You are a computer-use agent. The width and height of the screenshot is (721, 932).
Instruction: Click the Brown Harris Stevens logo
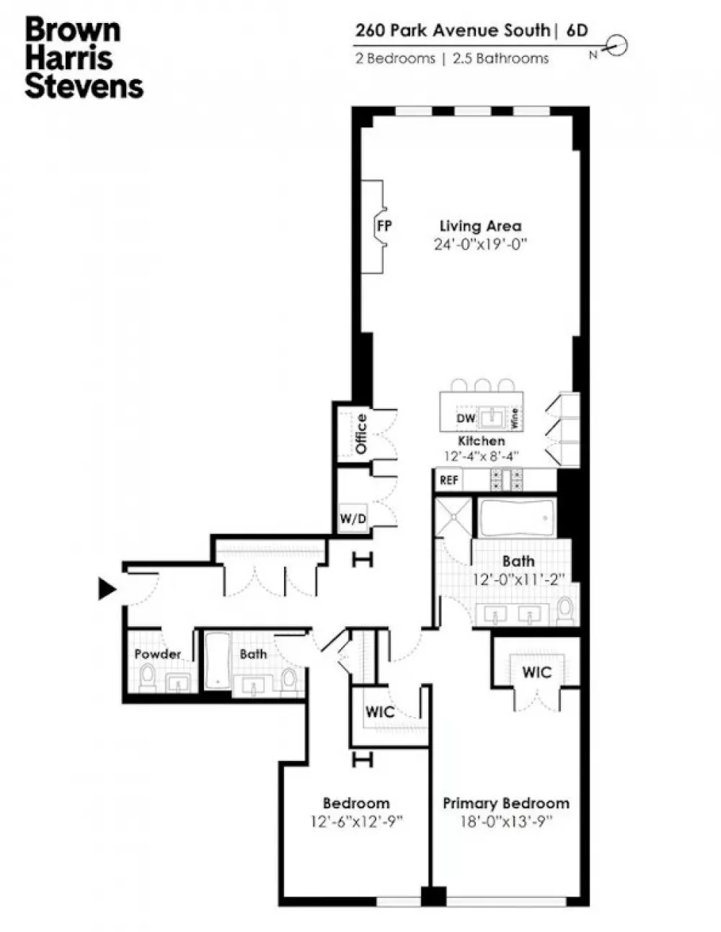pos(84,58)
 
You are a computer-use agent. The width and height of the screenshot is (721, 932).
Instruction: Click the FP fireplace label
pos(384,226)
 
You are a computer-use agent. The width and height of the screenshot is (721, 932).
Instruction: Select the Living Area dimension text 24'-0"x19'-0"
pos(480,245)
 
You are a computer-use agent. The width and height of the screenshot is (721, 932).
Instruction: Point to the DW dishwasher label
pos(466,418)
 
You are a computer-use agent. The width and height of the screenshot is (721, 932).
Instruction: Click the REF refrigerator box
pos(448,480)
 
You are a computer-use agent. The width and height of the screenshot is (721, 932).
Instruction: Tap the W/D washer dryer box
pos(353,519)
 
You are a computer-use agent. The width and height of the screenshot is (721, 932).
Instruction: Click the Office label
pos(361,434)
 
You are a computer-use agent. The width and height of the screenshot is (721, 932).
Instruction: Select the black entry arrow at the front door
pos(107,589)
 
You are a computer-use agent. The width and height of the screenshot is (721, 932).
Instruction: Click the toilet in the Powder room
pos(148,677)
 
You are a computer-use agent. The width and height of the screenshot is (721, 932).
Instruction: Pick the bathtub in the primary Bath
pos(516,518)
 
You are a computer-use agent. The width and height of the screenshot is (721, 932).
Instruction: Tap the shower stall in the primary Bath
pos(454,516)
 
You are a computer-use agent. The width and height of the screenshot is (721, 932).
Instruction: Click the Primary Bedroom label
pos(506,803)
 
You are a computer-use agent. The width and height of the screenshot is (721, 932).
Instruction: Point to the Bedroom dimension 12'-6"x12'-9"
pos(357,822)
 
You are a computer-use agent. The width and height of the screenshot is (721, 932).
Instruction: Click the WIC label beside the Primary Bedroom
pos(536,672)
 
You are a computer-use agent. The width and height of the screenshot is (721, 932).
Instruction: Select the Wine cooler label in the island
pos(515,418)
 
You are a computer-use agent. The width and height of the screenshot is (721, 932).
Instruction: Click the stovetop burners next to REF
pos(507,480)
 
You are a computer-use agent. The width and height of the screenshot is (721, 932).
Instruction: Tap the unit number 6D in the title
pos(577,30)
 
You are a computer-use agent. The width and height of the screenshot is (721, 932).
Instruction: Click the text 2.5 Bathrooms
pos(500,58)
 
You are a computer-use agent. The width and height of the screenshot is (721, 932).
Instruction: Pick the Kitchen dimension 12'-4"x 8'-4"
pos(482,456)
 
